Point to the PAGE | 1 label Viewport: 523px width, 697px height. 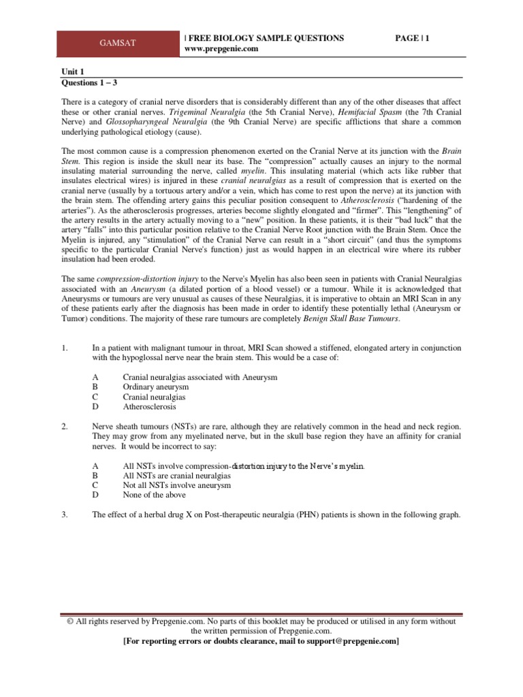[x=413, y=39]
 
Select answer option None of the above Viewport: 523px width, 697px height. [x=154, y=495]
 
